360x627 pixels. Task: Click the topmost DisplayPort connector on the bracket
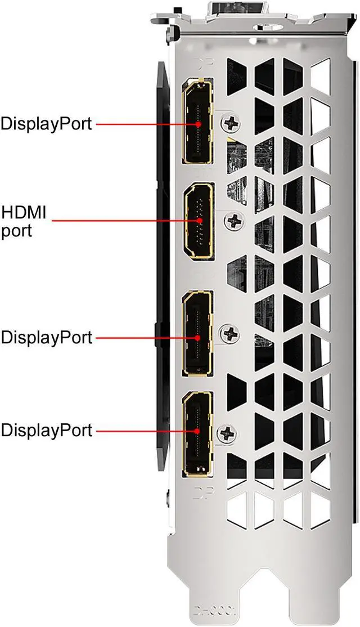coord(198,122)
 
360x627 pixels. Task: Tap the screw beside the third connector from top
coord(230,333)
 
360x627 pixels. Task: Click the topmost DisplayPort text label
coord(46,123)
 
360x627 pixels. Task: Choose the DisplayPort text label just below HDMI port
coord(46,338)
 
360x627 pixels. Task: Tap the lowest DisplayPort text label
coord(46,431)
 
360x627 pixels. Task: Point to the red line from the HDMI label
coord(124,221)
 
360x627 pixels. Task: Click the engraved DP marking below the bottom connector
coord(200,495)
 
